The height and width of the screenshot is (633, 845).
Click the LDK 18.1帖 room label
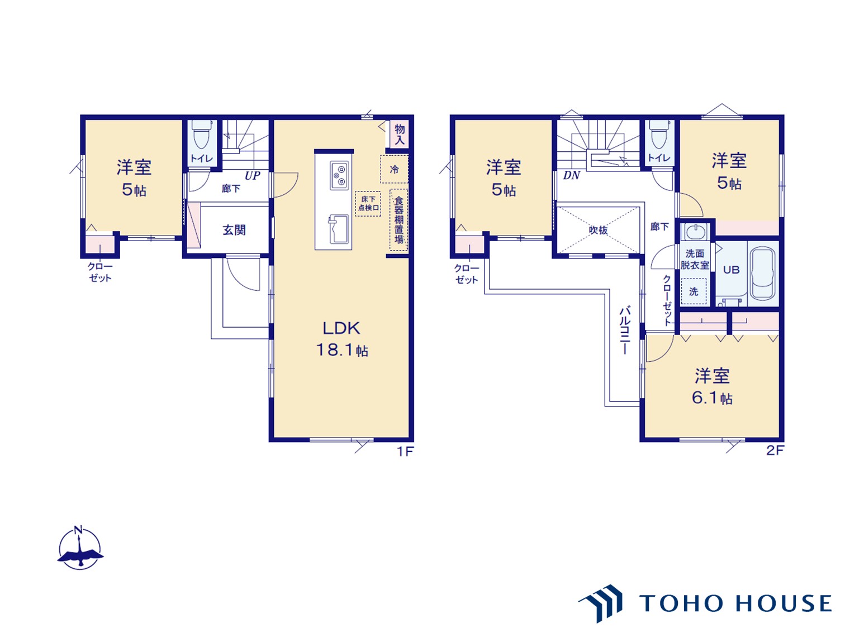tap(342, 339)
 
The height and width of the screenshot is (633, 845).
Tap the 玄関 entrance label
tap(234, 230)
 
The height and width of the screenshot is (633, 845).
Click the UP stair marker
tap(253, 176)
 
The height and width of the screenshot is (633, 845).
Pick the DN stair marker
tap(571, 175)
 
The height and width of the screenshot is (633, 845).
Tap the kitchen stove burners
tap(339, 176)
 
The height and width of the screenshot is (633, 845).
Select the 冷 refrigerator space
tap(394, 169)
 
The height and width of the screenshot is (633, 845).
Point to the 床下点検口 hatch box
tap(368, 204)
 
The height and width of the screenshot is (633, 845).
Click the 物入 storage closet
tap(400, 134)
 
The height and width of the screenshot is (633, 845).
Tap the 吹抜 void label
tap(598, 230)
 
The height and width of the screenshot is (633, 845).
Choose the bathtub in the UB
tap(763, 274)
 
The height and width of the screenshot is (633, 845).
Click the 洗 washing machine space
tap(694, 291)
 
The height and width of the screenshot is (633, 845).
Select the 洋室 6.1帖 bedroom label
tap(712, 386)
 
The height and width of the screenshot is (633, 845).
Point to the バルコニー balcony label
tap(625, 330)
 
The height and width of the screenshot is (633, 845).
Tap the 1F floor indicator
tap(405, 451)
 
